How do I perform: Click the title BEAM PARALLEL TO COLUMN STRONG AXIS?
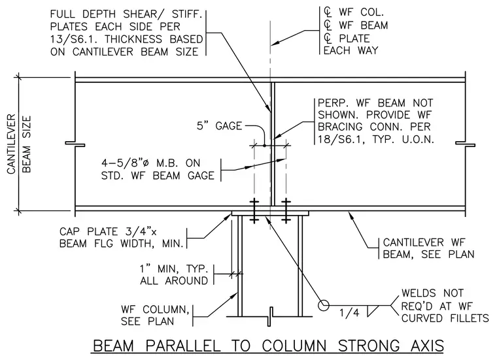pyautogui.click(x=269, y=346)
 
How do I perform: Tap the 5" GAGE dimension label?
pyautogui.click(x=219, y=126)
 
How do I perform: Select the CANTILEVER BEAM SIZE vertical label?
pyautogui.click(x=19, y=144)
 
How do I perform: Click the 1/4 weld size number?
pyautogui.click(x=349, y=313)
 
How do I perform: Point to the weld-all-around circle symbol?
pyautogui.click(x=323, y=306)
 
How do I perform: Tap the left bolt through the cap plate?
pyautogui.click(x=254, y=211)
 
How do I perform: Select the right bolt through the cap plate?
pyautogui.click(x=286, y=211)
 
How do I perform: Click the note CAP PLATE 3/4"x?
pyautogui.click(x=108, y=231)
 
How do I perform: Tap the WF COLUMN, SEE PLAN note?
pyautogui.click(x=155, y=316)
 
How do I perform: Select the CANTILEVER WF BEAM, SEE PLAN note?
pyautogui.click(x=428, y=248)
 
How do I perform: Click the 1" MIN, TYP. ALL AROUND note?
pyautogui.click(x=174, y=275)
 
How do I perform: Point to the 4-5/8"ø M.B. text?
pyautogui.click(x=151, y=163)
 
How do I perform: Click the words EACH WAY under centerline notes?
pyautogui.click(x=351, y=51)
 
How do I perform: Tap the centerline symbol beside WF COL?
pyautogui.click(x=328, y=12)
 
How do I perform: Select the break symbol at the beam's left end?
pyautogui.click(x=75, y=144)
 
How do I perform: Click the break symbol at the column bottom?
pyautogui.click(x=269, y=316)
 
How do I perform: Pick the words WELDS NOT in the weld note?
pyautogui.click(x=432, y=293)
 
